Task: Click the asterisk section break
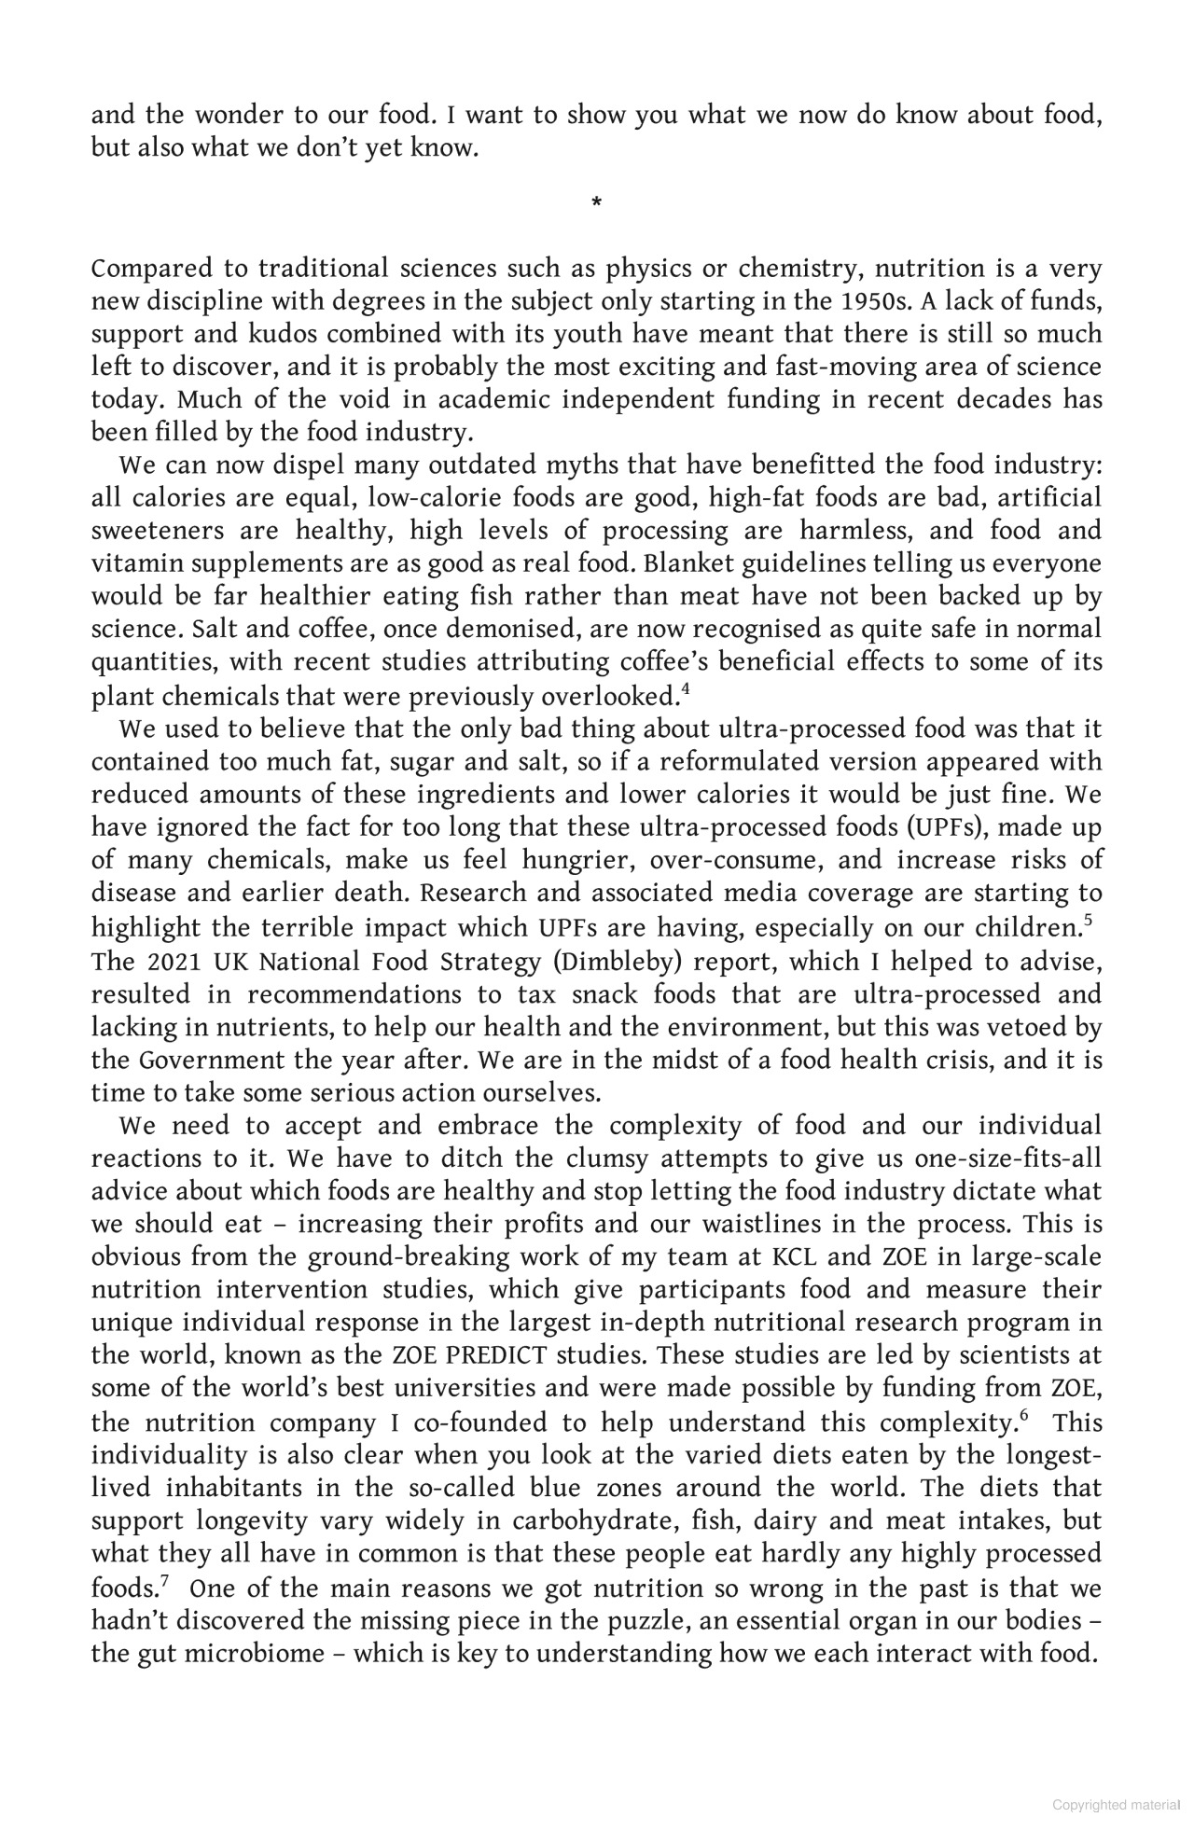click(x=597, y=201)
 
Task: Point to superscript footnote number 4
click(x=686, y=690)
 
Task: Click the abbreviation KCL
click(x=795, y=1257)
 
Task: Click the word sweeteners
click(x=158, y=531)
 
